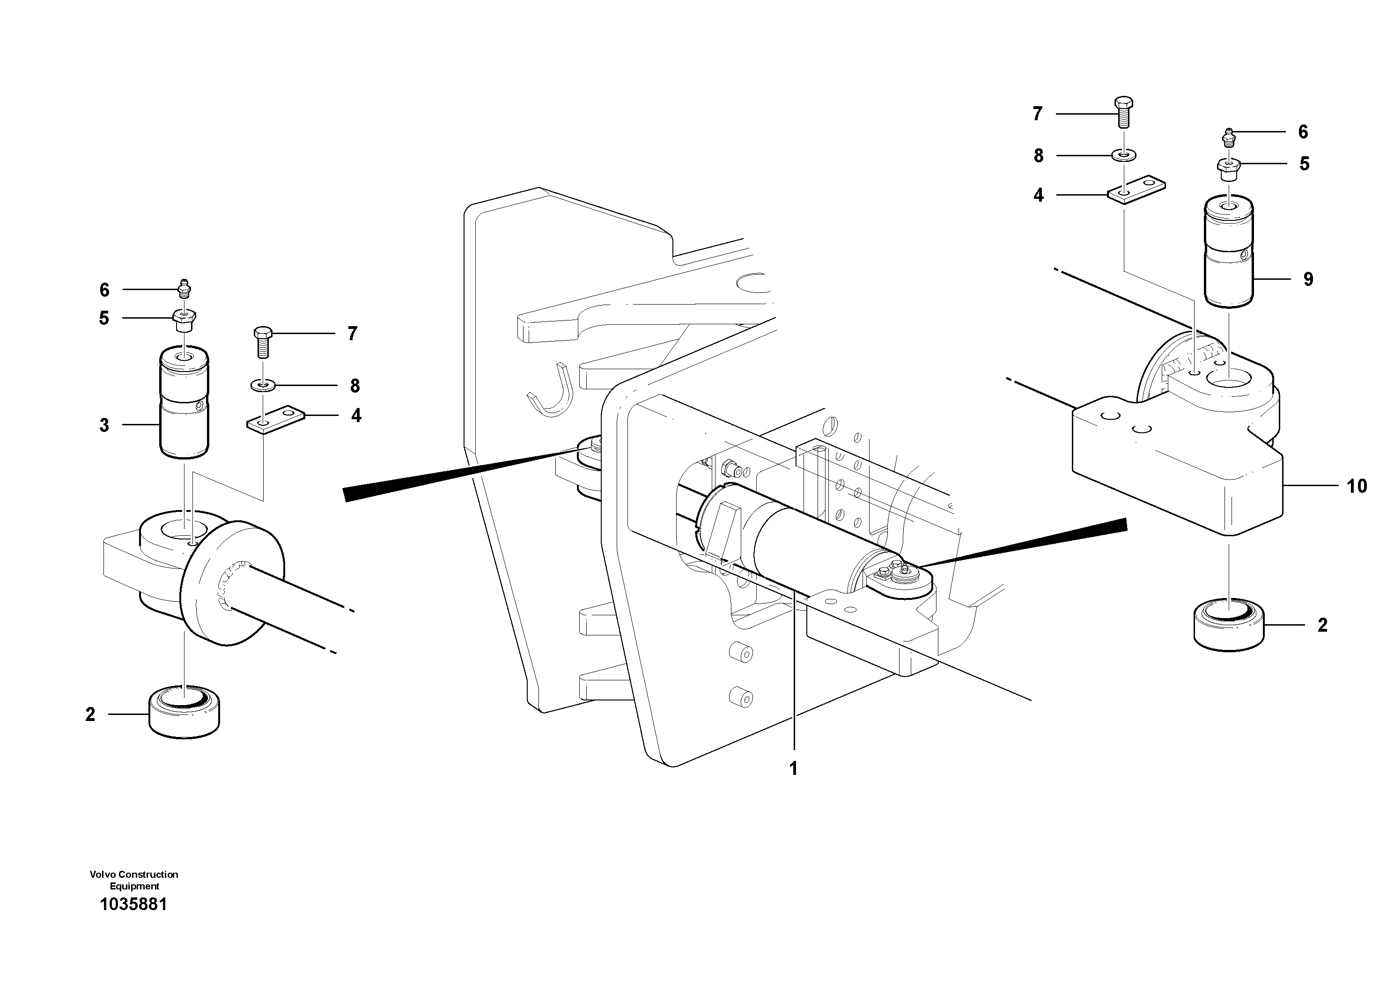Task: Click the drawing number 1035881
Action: (x=133, y=904)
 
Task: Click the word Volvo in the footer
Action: (x=102, y=874)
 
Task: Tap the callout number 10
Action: (x=1357, y=486)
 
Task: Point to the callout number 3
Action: (x=104, y=425)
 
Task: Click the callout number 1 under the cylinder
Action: (x=793, y=769)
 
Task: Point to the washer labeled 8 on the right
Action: (x=1123, y=156)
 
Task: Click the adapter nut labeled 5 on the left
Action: (x=184, y=319)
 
